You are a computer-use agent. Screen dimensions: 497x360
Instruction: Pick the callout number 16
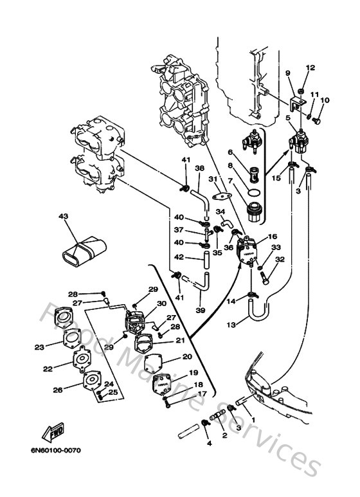pos(272,237)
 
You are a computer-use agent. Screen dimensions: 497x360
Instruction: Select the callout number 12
pos(310,68)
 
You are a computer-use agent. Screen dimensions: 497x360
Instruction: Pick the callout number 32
pos(280,260)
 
